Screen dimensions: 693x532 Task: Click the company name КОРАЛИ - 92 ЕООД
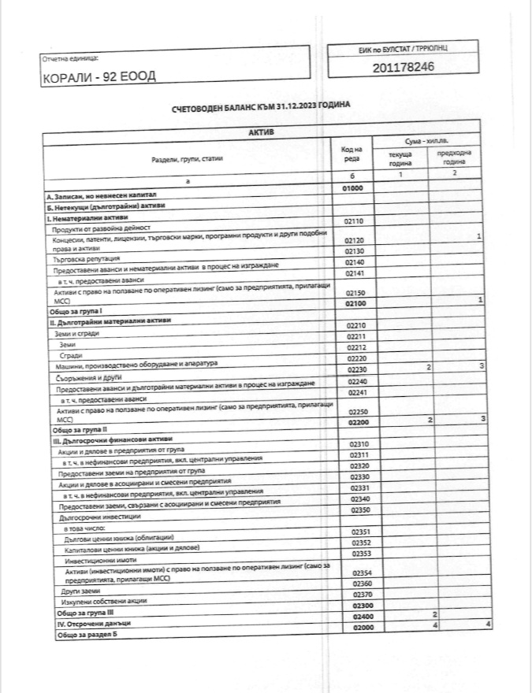click(x=99, y=76)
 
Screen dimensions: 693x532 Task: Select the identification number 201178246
click(x=403, y=67)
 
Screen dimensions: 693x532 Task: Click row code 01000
click(x=352, y=189)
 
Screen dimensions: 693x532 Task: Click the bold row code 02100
click(x=353, y=302)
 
